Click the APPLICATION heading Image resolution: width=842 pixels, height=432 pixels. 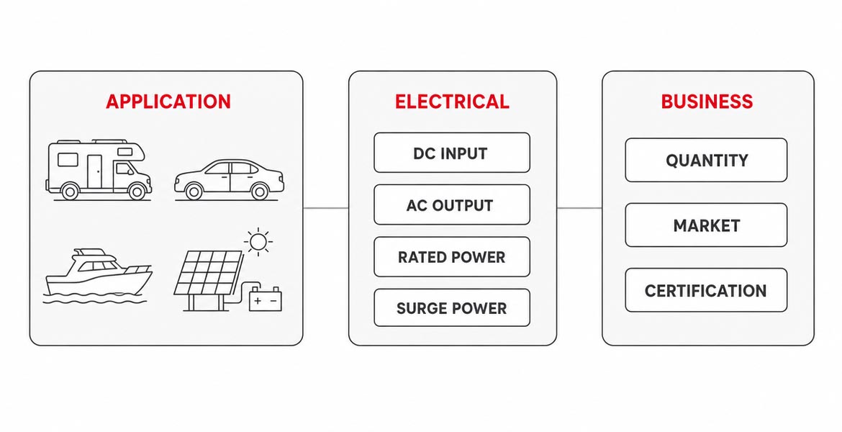click(x=168, y=102)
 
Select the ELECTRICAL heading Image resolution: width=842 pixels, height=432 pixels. click(x=452, y=102)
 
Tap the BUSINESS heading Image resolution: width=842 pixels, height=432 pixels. click(x=707, y=102)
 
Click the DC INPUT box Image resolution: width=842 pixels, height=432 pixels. click(x=452, y=153)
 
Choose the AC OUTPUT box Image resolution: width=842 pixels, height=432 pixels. click(x=452, y=204)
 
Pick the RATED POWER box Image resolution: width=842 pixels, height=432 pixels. click(x=452, y=257)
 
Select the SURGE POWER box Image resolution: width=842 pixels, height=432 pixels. click(x=452, y=308)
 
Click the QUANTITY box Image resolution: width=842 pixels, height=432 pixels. click(x=706, y=160)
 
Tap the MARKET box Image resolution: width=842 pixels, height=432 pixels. click(x=706, y=225)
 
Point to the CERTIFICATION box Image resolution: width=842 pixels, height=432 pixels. click(x=706, y=290)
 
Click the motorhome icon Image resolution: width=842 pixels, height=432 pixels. click(x=99, y=170)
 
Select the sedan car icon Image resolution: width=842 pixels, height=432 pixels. click(x=230, y=179)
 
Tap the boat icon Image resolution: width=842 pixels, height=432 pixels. click(x=99, y=275)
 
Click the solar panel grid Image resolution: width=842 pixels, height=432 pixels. click(x=209, y=273)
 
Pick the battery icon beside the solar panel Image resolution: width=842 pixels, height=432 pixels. click(x=266, y=299)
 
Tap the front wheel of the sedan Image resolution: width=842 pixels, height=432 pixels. click(x=260, y=192)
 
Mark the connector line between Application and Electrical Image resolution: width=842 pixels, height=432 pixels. click(x=326, y=208)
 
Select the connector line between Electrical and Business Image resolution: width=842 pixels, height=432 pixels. click(x=579, y=208)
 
